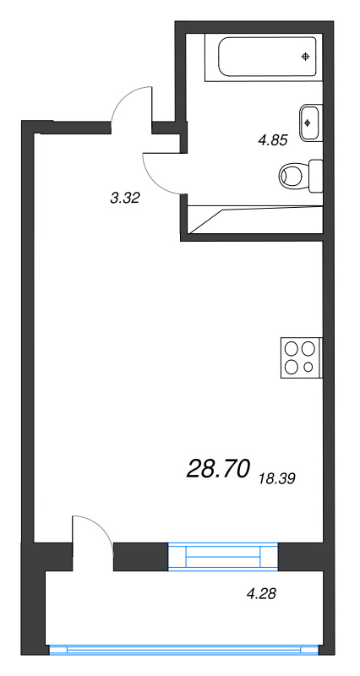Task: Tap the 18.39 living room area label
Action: pyautogui.click(x=278, y=478)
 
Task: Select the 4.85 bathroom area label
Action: pyautogui.click(x=272, y=141)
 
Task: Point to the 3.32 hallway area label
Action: pyautogui.click(x=124, y=199)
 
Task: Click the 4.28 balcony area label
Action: pyautogui.click(x=261, y=594)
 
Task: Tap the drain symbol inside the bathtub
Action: pyautogui.click(x=305, y=57)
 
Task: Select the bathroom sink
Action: pyautogui.click(x=309, y=122)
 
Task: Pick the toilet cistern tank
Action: pyautogui.click(x=317, y=176)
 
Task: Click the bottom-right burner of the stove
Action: pyautogui.click(x=309, y=367)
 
